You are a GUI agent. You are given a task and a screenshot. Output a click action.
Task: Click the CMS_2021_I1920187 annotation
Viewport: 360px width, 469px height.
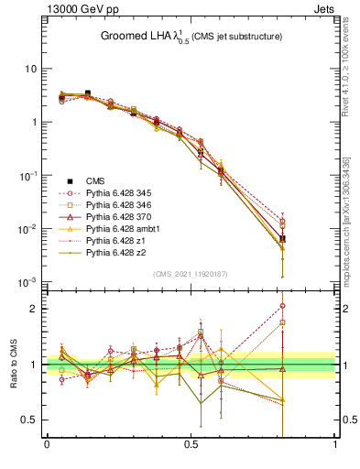pos(191,274)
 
